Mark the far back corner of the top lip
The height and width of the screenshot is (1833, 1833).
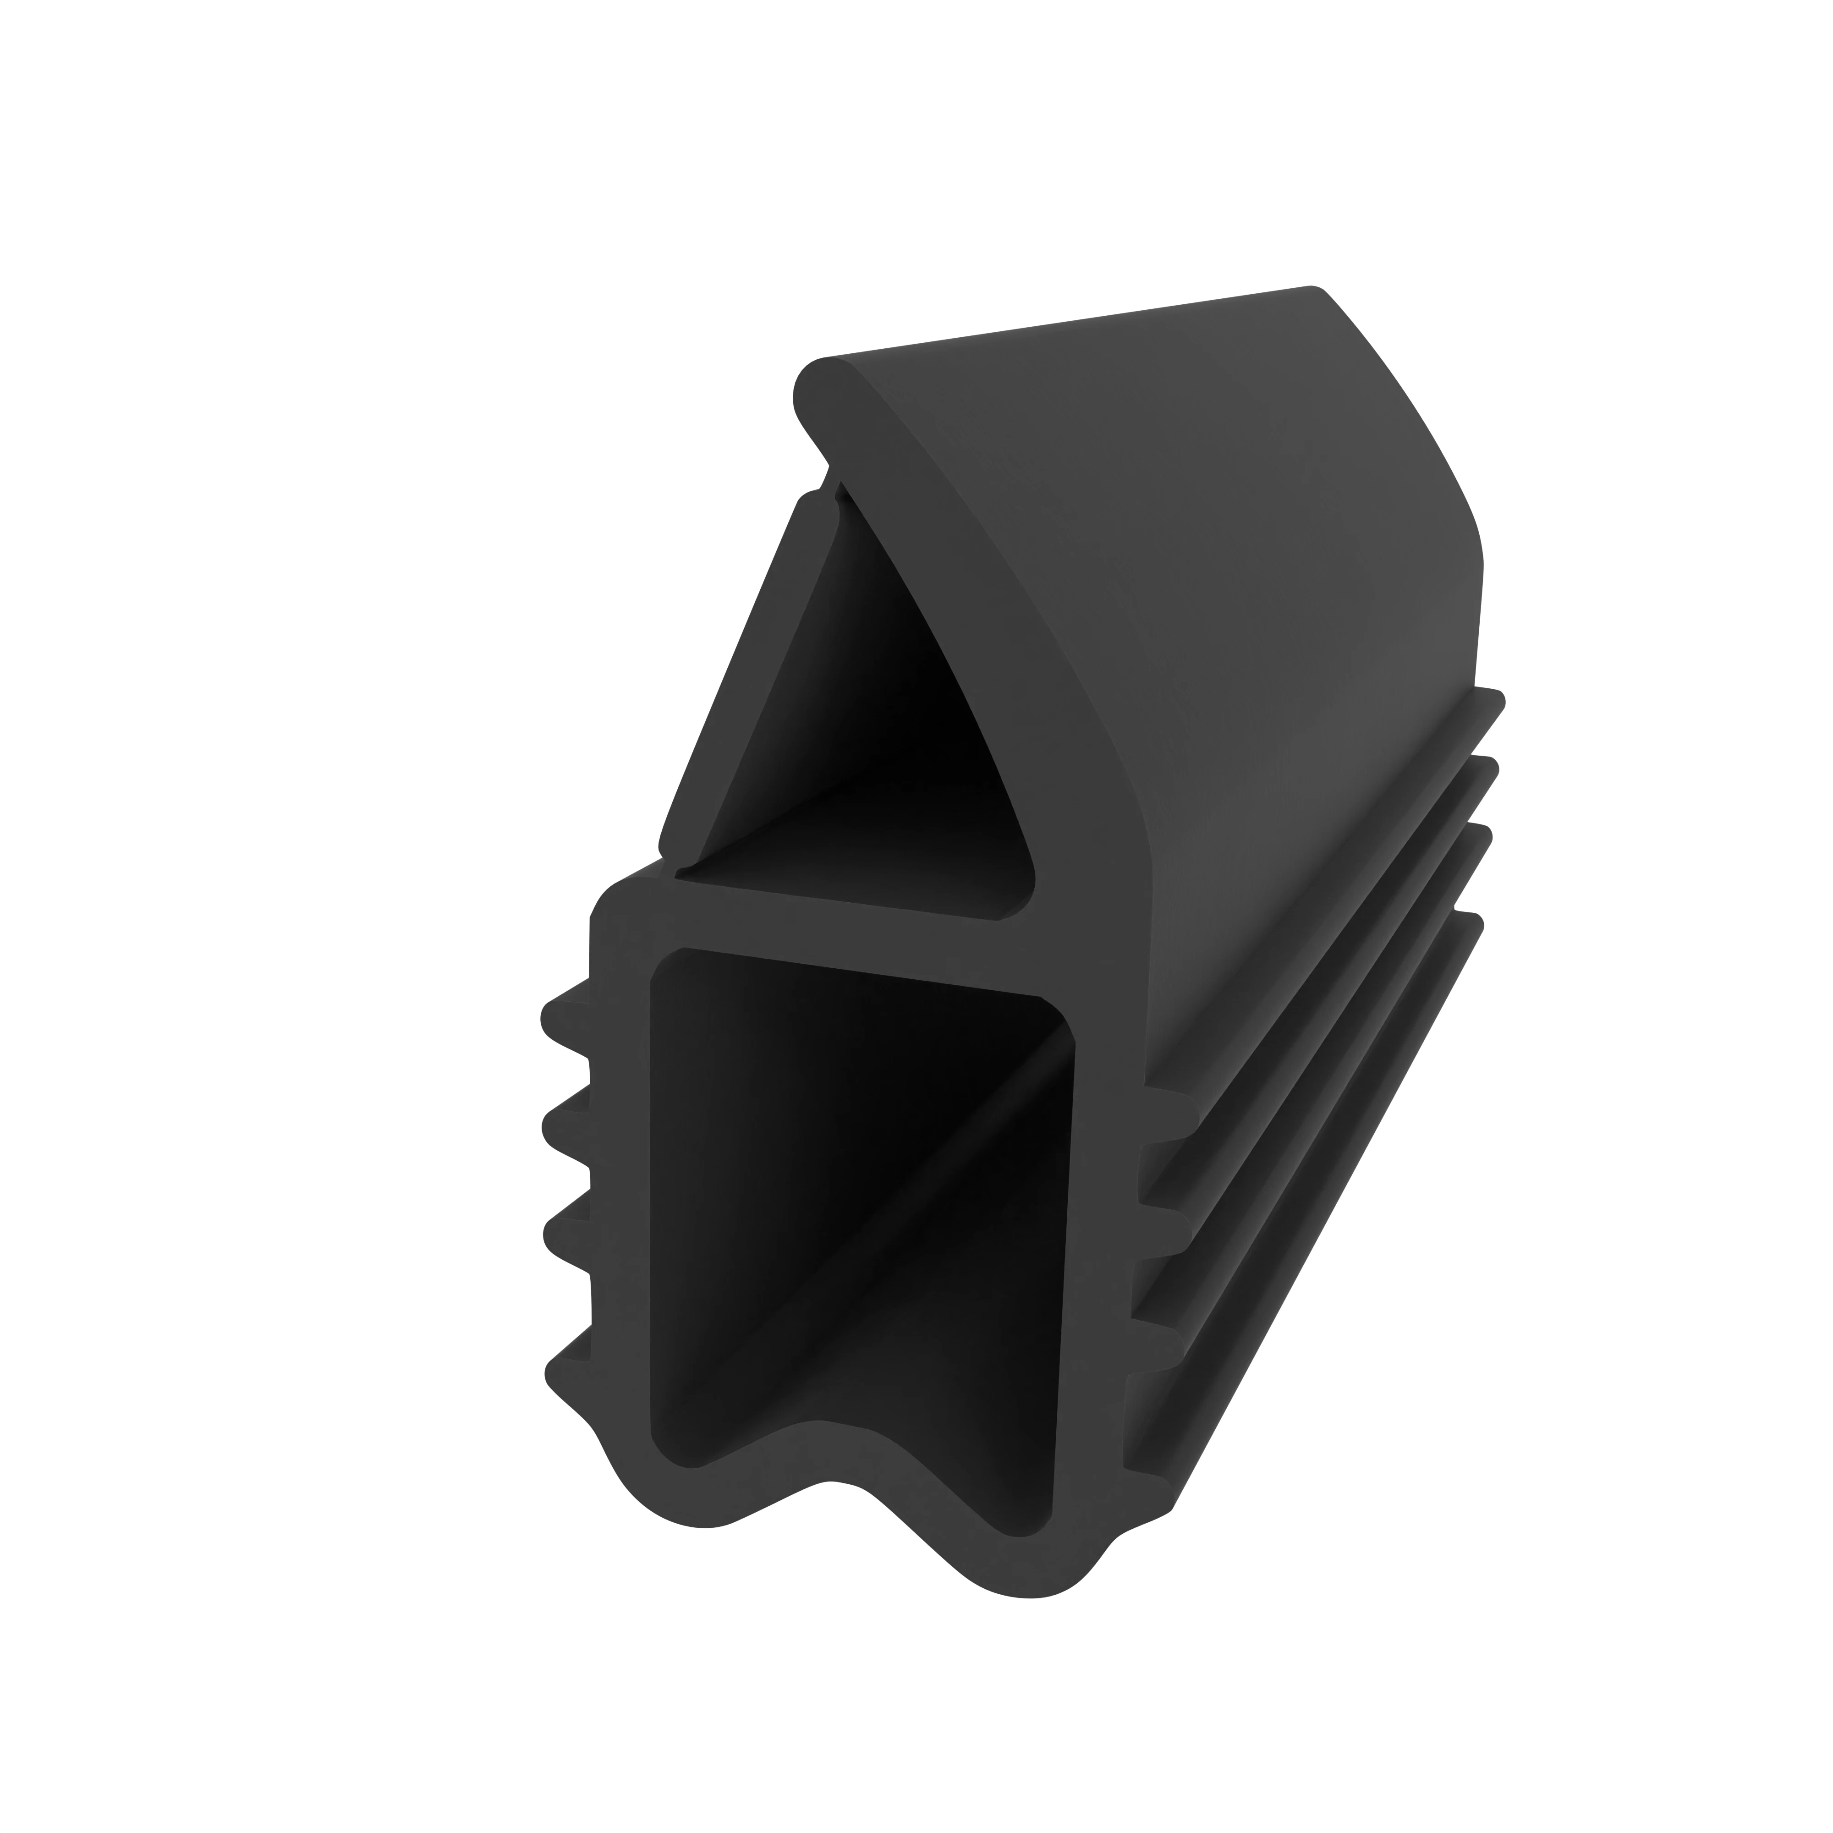tap(1314, 289)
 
